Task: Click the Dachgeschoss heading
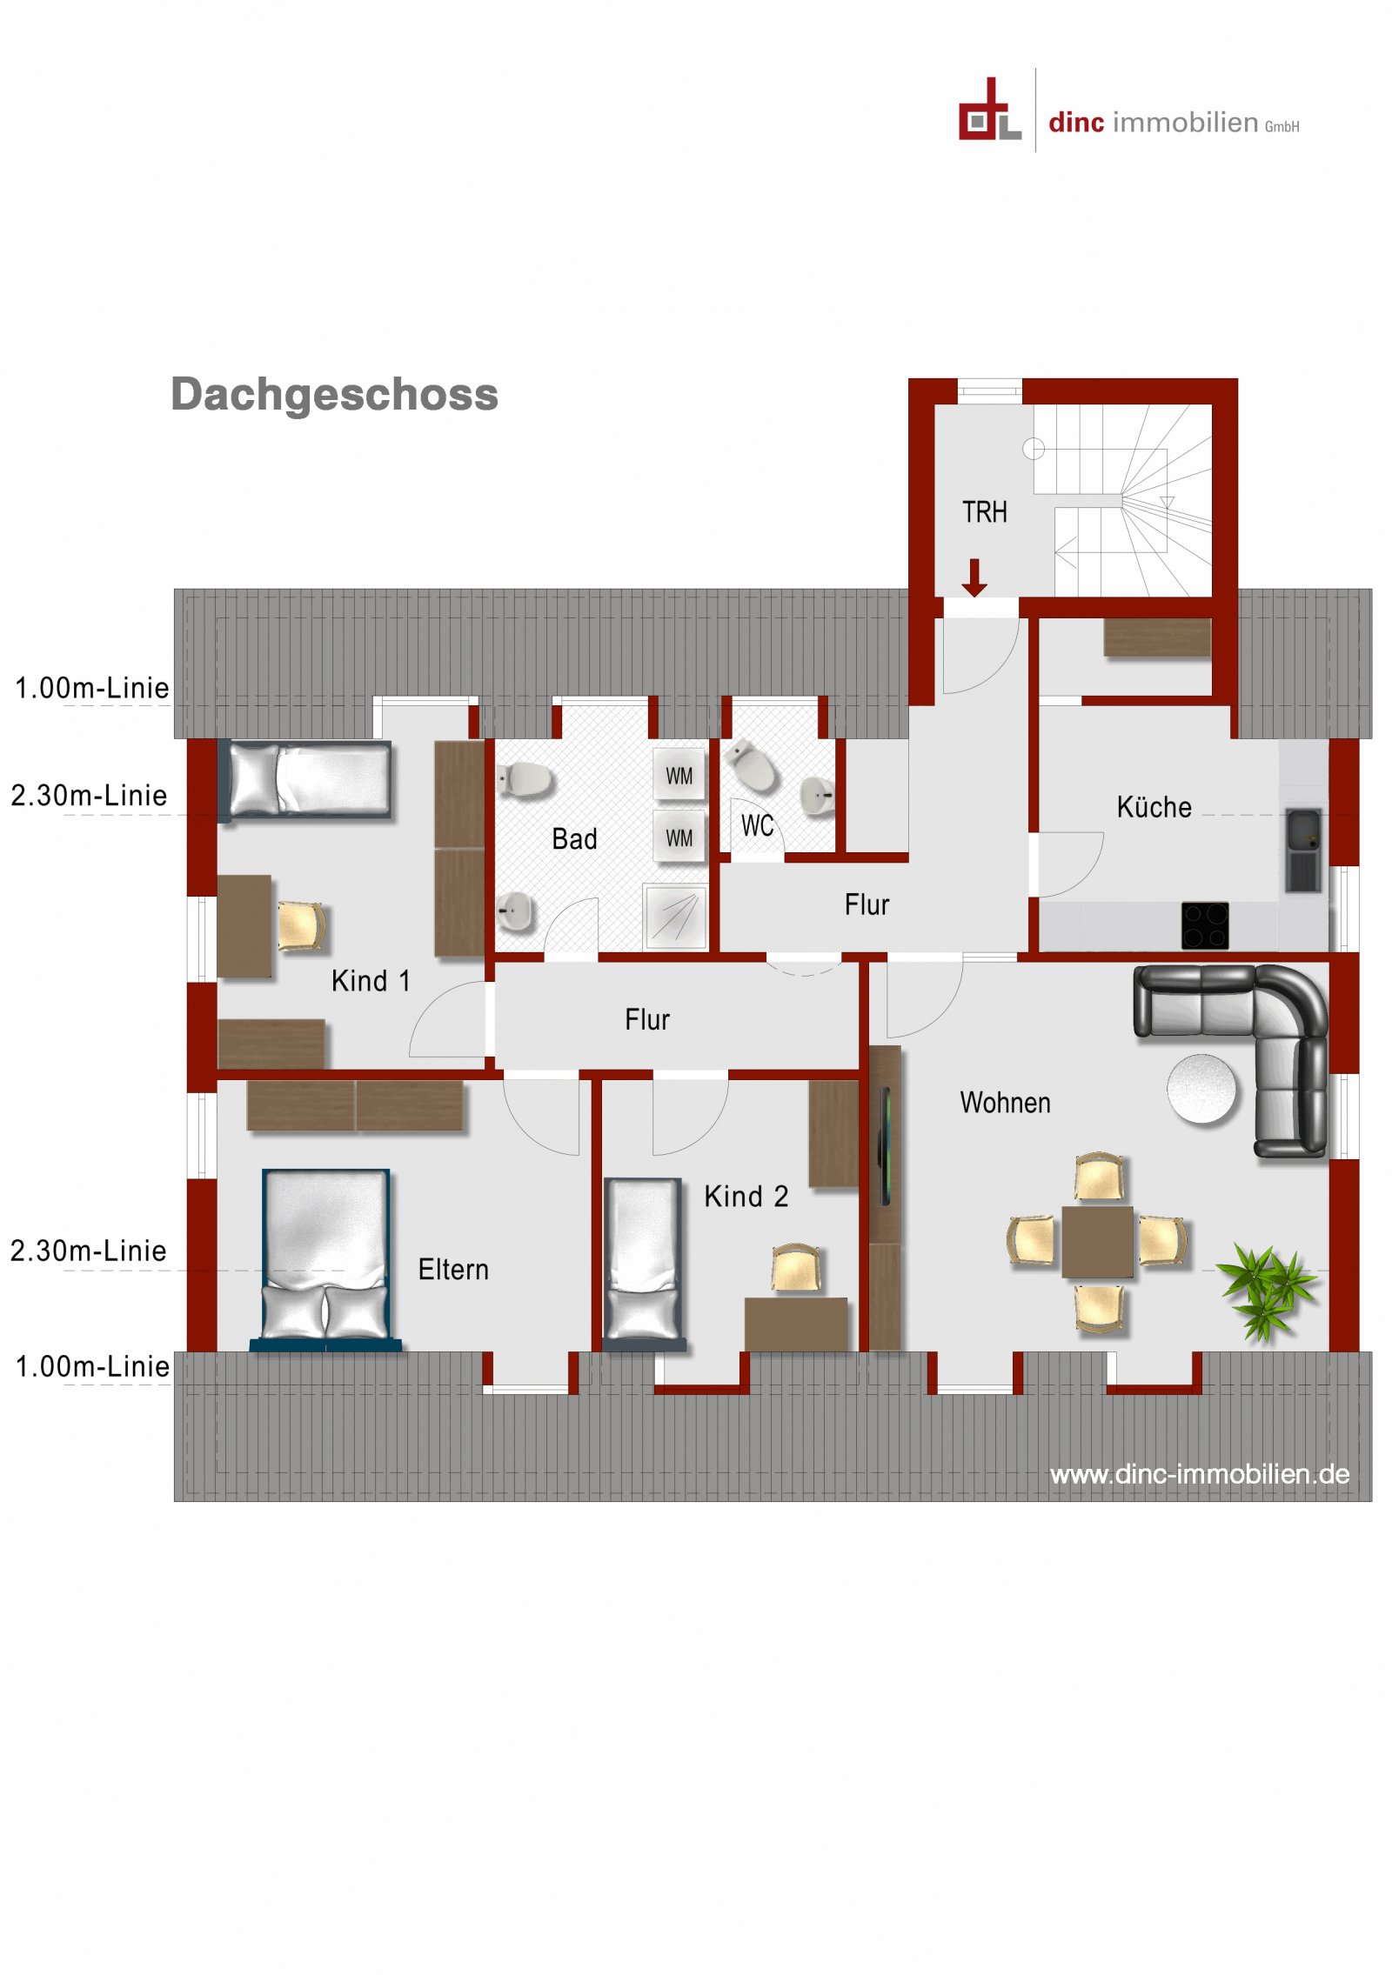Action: (x=334, y=394)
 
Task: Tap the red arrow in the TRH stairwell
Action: (x=974, y=577)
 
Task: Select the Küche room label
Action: (x=1154, y=807)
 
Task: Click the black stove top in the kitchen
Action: (x=1204, y=925)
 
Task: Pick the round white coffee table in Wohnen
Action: (x=1201, y=1088)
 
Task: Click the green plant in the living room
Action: (x=1267, y=1288)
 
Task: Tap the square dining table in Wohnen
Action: (x=1097, y=1242)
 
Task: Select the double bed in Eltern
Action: (x=326, y=1258)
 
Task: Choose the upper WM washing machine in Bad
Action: (x=679, y=775)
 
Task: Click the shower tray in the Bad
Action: (x=675, y=917)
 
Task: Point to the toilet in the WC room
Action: (x=753, y=765)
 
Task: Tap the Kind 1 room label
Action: (x=371, y=981)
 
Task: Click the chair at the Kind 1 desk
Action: (x=300, y=925)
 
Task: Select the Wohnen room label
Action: (x=1005, y=1103)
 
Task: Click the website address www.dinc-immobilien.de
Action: (x=1199, y=1474)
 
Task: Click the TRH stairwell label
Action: (x=984, y=512)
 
